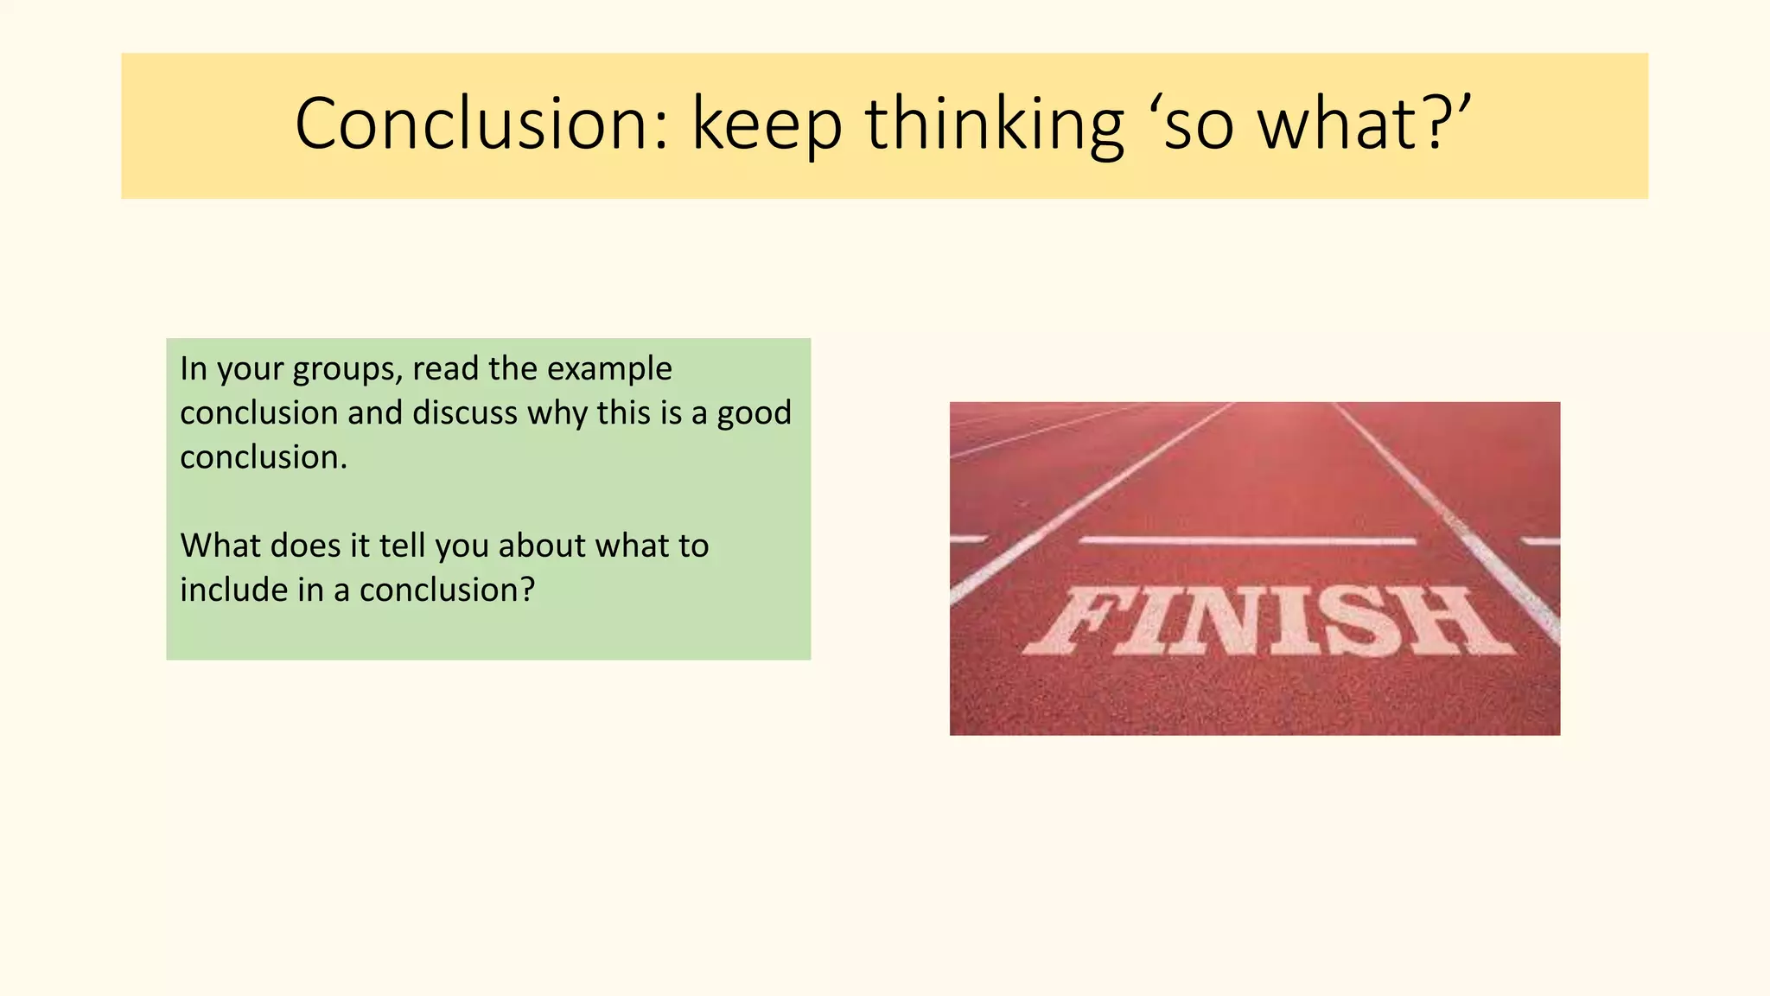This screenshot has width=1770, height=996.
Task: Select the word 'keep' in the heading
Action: [x=767, y=125]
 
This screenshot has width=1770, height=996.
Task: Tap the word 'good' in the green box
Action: [x=754, y=414]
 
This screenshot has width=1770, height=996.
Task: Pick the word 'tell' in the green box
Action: [x=404, y=546]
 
